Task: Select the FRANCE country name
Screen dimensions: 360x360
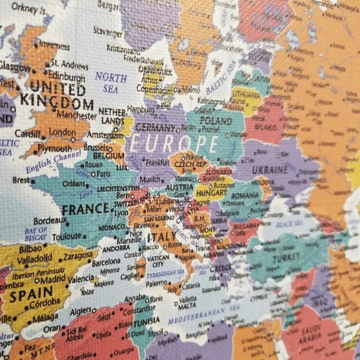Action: pos(84,210)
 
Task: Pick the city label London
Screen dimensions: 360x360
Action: pos(62,131)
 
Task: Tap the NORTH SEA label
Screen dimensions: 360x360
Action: pos(110,83)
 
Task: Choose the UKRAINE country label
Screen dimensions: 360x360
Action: pos(269,169)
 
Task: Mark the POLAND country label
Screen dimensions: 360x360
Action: pos(216,120)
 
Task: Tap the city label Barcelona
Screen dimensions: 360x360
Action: pos(106,262)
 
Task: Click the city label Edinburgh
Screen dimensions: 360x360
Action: pos(67,78)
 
